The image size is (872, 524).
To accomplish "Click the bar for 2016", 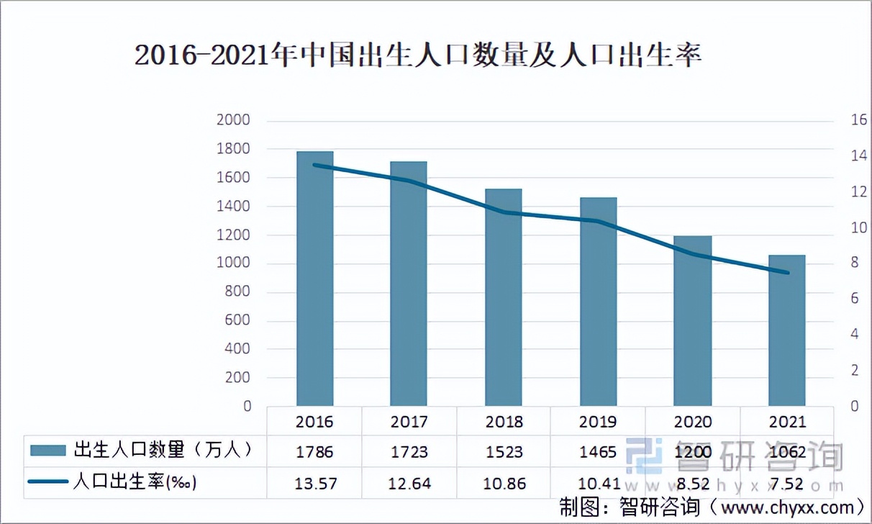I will click(x=314, y=281).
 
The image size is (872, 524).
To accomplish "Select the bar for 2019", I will click(x=598, y=302).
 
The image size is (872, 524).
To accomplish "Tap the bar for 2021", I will click(x=786, y=331).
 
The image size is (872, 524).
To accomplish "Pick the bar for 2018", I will click(x=503, y=299).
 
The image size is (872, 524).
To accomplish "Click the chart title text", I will click(x=418, y=56).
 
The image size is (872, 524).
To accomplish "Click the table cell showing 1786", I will click(x=314, y=452).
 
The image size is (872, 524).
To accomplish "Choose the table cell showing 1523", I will click(x=503, y=452).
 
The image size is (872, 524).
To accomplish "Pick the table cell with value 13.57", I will click(x=314, y=483).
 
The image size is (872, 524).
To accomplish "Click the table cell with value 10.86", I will click(x=503, y=483).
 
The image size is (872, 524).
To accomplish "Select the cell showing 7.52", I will click(x=786, y=483).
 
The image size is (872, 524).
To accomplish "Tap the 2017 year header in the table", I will click(x=409, y=421).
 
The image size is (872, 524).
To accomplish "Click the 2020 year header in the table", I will click(x=692, y=421).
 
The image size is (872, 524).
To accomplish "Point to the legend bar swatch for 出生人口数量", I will click(x=49, y=451).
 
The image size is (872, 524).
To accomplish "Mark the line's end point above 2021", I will click(x=786, y=273).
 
